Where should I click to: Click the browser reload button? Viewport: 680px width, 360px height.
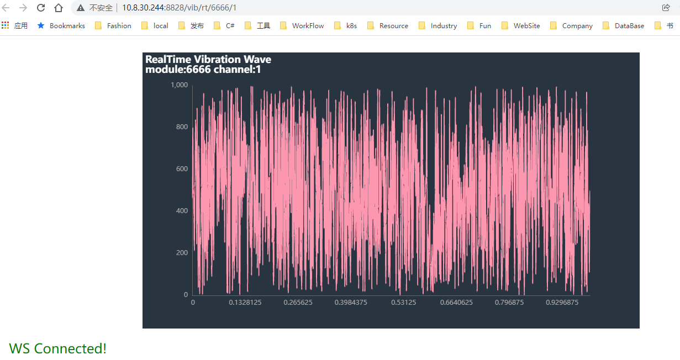[x=41, y=8]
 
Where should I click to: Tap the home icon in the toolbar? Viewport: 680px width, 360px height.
[x=59, y=8]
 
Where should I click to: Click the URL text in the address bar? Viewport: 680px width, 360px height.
[x=179, y=8]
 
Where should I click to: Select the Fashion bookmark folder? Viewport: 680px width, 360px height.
[x=119, y=25]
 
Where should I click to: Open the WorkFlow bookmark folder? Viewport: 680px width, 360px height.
[x=308, y=25]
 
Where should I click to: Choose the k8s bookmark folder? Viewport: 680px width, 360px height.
[x=351, y=25]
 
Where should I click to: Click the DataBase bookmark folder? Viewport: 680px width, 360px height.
[x=629, y=25]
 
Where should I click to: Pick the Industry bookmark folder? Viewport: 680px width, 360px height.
[x=444, y=25]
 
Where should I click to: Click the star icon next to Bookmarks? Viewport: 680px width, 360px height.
[x=40, y=25]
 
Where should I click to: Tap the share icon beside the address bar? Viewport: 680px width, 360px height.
[x=666, y=8]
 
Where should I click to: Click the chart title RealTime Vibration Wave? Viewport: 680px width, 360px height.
[x=208, y=60]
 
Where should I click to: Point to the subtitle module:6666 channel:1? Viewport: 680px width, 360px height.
[x=203, y=70]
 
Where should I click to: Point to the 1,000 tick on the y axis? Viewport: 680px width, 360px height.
[x=179, y=85]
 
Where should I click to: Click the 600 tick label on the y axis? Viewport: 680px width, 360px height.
[x=182, y=169]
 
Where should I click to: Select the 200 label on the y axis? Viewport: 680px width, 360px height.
[x=182, y=253]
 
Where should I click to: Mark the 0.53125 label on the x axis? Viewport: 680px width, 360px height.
[x=404, y=303]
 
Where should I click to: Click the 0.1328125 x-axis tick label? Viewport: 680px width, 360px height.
[x=245, y=303]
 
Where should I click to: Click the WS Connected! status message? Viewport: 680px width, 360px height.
[x=58, y=348]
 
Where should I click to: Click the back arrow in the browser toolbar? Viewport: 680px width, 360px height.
[x=7, y=8]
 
